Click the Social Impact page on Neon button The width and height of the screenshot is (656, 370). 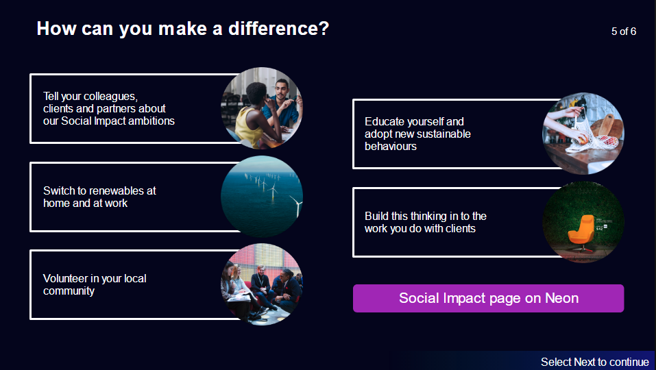tap(488, 298)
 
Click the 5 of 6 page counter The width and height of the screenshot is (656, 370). tap(623, 32)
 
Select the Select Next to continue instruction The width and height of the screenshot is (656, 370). tap(594, 362)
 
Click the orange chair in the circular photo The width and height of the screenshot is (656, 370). tap(583, 230)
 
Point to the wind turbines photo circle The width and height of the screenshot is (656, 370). tap(262, 197)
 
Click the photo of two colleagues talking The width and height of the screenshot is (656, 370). tap(262, 108)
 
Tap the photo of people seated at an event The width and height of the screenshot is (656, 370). tap(262, 284)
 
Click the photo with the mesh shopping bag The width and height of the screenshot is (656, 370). tap(583, 134)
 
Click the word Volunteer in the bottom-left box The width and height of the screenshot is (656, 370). tap(65, 278)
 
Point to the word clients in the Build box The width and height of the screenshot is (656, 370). tap(459, 228)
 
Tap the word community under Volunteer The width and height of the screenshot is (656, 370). tap(69, 291)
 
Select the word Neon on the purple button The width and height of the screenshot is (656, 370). tap(561, 298)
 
